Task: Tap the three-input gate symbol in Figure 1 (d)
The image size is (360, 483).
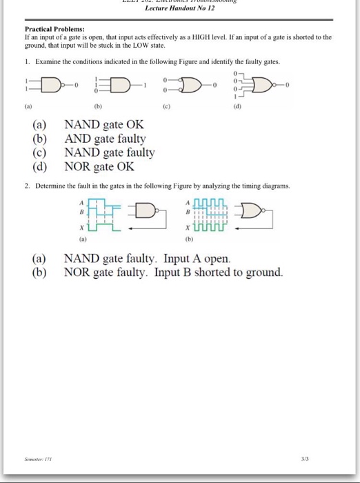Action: pyautogui.click(x=262, y=85)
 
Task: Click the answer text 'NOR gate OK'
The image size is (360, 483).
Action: pyautogui.click(x=99, y=166)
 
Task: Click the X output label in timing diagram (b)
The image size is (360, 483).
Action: pyautogui.click(x=188, y=226)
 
